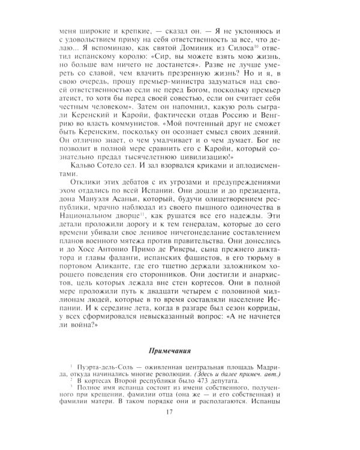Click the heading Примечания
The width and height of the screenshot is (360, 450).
coord(180,350)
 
